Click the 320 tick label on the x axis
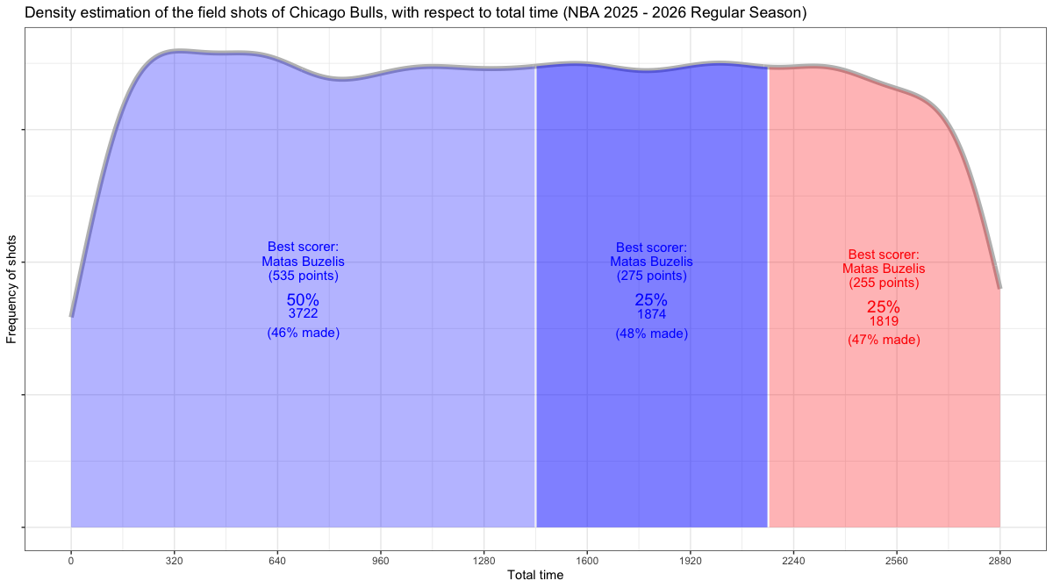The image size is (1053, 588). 174,560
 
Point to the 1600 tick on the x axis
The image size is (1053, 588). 587,560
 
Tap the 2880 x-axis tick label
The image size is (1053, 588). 999,560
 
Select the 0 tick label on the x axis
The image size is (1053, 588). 71,560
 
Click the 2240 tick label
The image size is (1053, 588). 793,560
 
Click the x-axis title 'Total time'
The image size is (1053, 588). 535,576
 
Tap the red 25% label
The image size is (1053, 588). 884,307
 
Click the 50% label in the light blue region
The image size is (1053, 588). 303,299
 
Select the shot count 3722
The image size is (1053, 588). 303,313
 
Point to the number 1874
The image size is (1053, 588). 651,314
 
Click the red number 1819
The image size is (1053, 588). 884,321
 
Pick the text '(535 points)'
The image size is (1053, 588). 303,276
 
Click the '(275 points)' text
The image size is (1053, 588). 651,276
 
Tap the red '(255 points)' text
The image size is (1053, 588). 884,283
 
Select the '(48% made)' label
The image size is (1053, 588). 651,333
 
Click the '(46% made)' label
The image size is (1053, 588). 303,333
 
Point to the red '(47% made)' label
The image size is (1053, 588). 884,340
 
